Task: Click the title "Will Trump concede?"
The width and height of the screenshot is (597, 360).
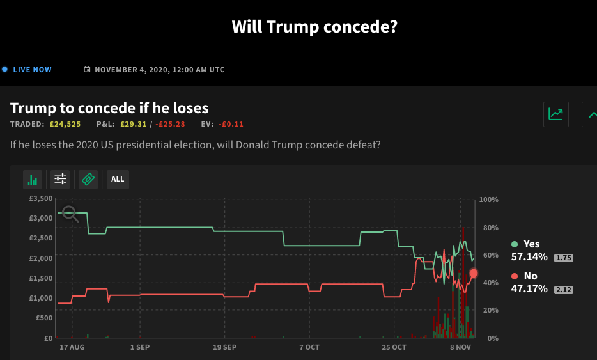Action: pos(314,27)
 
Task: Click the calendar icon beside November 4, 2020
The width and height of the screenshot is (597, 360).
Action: pos(87,70)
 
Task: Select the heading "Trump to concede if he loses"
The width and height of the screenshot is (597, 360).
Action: pos(109,108)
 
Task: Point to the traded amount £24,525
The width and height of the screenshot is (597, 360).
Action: pos(65,124)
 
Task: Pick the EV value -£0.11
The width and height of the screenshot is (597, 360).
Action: pos(231,124)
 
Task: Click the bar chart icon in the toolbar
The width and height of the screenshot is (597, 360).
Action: pos(33,180)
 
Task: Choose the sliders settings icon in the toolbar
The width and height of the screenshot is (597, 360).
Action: pos(60,180)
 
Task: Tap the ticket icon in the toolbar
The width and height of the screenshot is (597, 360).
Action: pos(88,180)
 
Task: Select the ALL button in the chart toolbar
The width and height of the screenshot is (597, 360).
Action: pos(118,180)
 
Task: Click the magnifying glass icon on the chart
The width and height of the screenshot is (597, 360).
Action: pos(70,214)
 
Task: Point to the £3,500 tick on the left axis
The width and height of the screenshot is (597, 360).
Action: pos(41,200)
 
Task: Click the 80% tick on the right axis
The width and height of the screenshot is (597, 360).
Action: pos(489,228)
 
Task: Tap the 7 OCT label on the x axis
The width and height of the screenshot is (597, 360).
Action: pos(309,347)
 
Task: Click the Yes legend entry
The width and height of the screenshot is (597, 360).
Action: pos(526,244)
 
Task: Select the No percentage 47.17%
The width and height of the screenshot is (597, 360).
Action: pos(529,289)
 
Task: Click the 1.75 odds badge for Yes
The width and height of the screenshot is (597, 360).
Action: pos(563,258)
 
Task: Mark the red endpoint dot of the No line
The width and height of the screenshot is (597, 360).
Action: pos(474,273)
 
